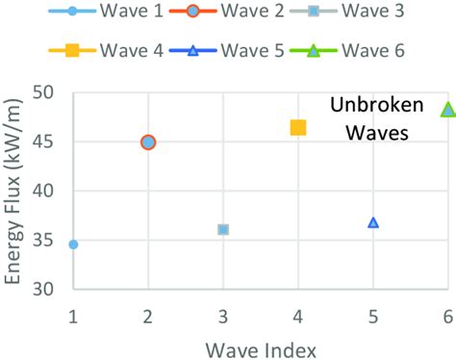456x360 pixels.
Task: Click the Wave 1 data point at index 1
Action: click(73, 244)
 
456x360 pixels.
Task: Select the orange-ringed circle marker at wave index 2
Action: click(148, 142)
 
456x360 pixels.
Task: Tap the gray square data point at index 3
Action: click(223, 229)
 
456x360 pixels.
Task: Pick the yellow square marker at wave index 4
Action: click(298, 127)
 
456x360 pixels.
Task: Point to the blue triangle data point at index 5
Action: click(373, 222)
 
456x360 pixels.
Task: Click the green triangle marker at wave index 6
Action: click(447, 110)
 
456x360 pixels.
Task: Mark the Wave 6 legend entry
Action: click(361, 51)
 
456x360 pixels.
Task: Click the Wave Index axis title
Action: click(261, 345)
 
